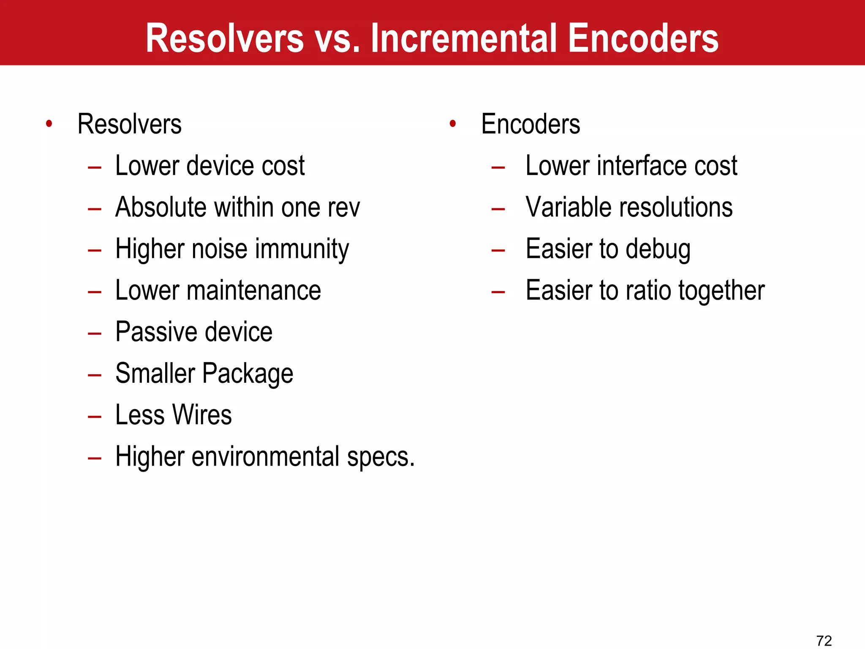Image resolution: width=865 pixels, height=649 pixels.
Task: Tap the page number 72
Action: point(824,641)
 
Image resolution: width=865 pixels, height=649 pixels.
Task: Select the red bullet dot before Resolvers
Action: point(49,124)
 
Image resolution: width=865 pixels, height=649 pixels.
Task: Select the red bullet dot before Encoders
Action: point(453,124)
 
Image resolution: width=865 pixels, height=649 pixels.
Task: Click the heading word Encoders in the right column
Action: point(530,124)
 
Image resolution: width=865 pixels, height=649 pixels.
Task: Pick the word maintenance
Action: point(254,290)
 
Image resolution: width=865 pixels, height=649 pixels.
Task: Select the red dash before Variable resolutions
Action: point(498,209)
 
